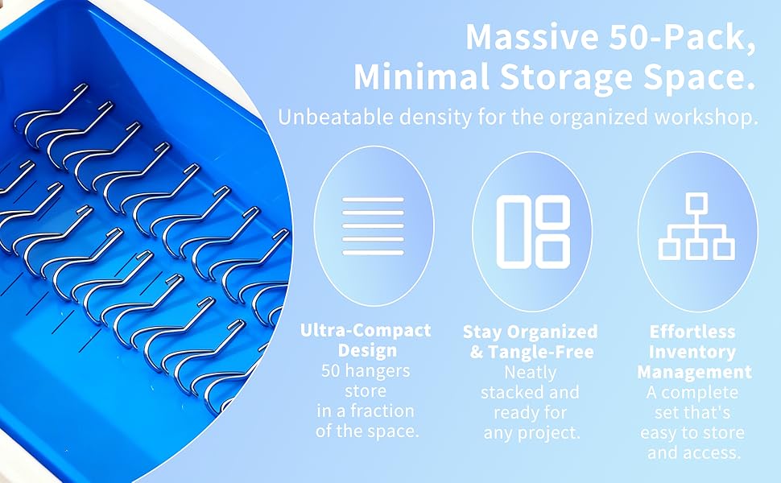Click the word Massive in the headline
coord(532,36)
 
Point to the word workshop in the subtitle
coord(707,118)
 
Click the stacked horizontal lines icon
coord(373,226)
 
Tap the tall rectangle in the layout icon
coord(514,232)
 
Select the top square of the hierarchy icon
coord(696,203)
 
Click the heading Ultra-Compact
coord(366,330)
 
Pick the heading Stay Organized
coord(530,332)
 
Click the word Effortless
coord(692,332)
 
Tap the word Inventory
coord(692,352)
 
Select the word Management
coord(694,372)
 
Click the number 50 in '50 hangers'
coord(331,371)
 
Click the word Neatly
coord(530,373)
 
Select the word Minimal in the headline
coord(421,77)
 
